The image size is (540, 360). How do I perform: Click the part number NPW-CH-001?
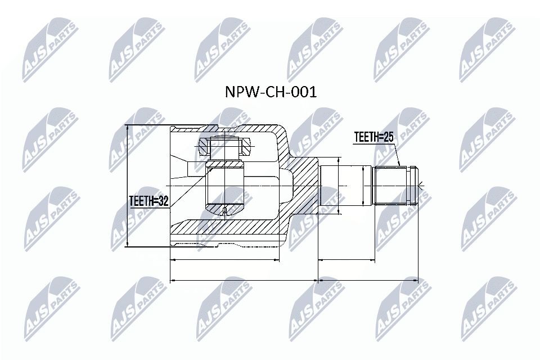click(x=271, y=92)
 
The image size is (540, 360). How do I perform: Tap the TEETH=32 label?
click(x=148, y=201)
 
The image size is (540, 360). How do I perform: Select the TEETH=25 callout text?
click(x=373, y=137)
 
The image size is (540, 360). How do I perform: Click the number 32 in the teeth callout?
click(x=163, y=201)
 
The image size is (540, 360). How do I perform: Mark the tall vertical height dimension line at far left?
click(x=128, y=186)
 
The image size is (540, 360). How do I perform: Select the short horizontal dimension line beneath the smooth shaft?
click(x=346, y=260)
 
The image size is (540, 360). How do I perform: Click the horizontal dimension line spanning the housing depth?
click(x=224, y=260)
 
